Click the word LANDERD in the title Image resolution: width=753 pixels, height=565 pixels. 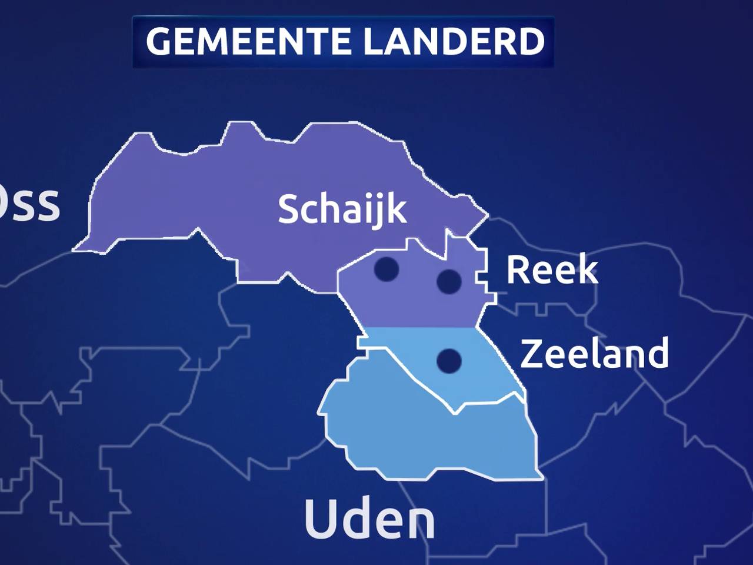click(x=454, y=41)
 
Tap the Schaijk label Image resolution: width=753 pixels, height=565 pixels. click(x=342, y=209)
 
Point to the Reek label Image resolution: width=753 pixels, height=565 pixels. click(x=552, y=270)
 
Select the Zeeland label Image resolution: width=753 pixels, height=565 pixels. click(x=594, y=353)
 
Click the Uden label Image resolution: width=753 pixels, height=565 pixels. click(x=369, y=519)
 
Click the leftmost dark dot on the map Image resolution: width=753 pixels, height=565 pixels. click(x=387, y=269)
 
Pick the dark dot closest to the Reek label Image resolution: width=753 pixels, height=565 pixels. click(x=449, y=281)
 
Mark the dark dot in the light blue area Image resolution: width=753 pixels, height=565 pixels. click(x=449, y=360)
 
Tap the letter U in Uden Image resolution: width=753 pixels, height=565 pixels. click(x=321, y=519)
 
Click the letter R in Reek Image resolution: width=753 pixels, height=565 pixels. click(x=518, y=270)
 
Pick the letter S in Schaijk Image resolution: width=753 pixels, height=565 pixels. click(x=288, y=209)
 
